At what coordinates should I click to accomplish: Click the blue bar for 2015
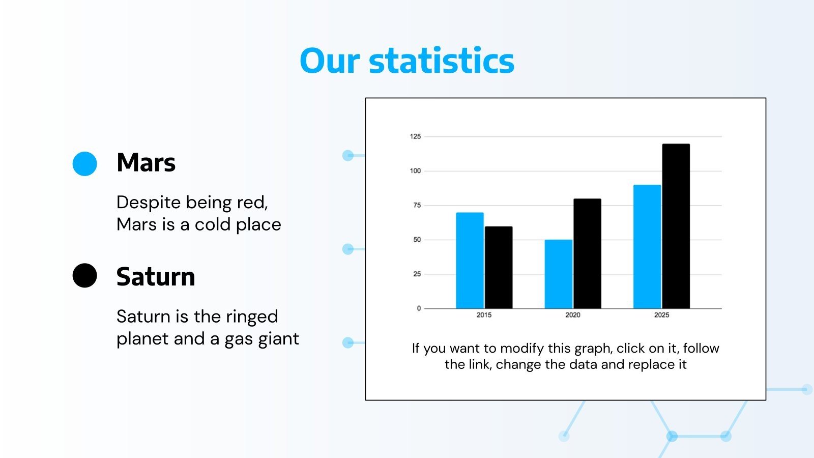tap(470, 261)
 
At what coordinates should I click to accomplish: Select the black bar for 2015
tap(499, 268)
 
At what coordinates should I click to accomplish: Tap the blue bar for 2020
tap(558, 274)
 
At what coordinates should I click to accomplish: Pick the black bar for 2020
tap(587, 253)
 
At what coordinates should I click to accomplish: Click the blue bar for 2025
tap(647, 247)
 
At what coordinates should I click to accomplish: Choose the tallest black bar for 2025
tap(676, 226)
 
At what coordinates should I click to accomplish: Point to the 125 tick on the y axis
tap(415, 136)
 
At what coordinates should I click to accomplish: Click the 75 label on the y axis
tap(417, 205)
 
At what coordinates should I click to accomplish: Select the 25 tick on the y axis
tap(417, 274)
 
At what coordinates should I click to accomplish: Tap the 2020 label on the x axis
tap(572, 315)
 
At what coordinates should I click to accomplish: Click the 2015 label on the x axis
tap(484, 315)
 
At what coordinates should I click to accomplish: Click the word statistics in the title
tap(441, 61)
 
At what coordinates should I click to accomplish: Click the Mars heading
tap(146, 163)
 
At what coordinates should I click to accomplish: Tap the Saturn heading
tap(156, 277)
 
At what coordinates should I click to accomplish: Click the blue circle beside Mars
tap(85, 164)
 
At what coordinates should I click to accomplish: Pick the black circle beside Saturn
tap(85, 276)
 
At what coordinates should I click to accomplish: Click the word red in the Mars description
tap(252, 203)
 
